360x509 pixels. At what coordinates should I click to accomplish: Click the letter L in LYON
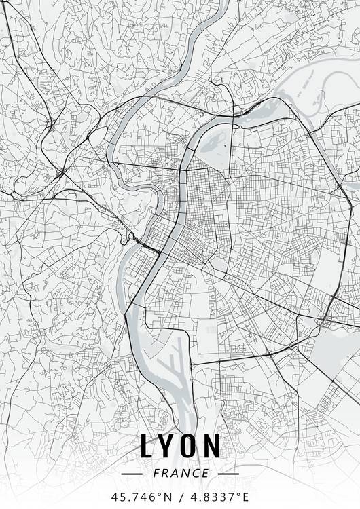pos(147,447)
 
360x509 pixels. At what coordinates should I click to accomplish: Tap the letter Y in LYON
pos(167,447)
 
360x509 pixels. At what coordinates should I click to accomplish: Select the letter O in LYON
pos(190,447)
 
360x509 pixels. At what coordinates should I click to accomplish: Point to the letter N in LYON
pos(212,447)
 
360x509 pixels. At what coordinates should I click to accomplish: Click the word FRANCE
pos(180,473)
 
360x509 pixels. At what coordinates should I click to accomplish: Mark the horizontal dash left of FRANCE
pos(130,473)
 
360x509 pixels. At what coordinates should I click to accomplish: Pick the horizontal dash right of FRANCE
pos(229,473)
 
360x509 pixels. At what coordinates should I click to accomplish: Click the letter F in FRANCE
pos(157,473)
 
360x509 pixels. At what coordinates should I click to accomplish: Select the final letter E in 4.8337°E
pos(245,495)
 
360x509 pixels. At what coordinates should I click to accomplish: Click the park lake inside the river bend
pos(219,142)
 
